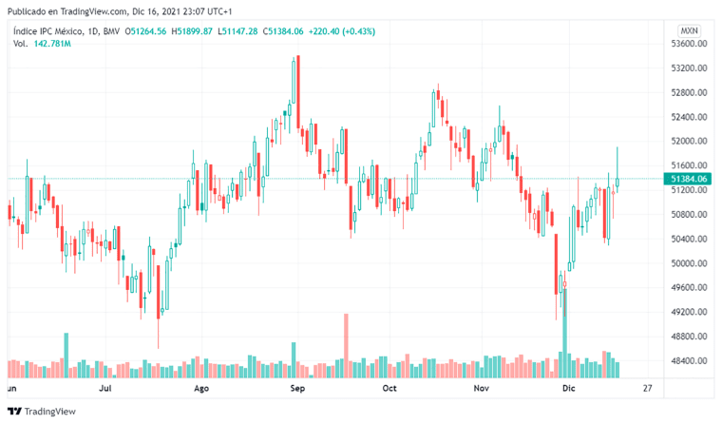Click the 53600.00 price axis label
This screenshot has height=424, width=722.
688,44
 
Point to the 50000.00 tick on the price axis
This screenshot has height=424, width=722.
688,263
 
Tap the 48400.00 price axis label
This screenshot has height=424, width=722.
688,361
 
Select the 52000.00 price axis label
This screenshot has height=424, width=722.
688,142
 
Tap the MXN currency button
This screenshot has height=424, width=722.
689,30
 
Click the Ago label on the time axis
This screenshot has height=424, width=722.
200,389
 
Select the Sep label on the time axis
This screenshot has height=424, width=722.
297,389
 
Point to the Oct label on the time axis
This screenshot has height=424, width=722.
389,389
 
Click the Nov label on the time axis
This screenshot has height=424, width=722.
482,389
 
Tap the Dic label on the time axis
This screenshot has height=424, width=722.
568,389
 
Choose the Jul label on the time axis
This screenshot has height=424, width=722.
105,389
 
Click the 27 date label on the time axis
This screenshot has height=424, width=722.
647,389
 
